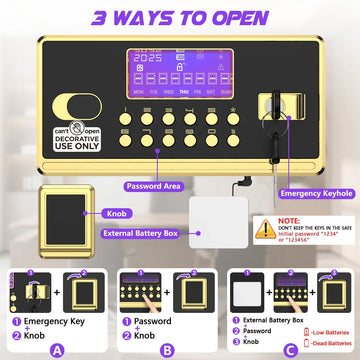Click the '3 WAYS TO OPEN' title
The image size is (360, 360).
[x=180, y=18]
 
